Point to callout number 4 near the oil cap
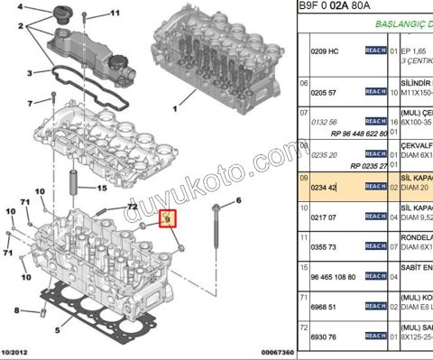(21, 8)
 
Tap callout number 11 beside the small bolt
(114, 14)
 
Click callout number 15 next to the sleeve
(102, 188)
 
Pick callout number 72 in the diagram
(132, 208)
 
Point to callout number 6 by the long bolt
(239, 200)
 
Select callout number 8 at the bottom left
(16, 309)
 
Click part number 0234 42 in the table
(324, 186)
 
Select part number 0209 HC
(325, 50)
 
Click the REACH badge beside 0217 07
(375, 217)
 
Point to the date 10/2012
(17, 352)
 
